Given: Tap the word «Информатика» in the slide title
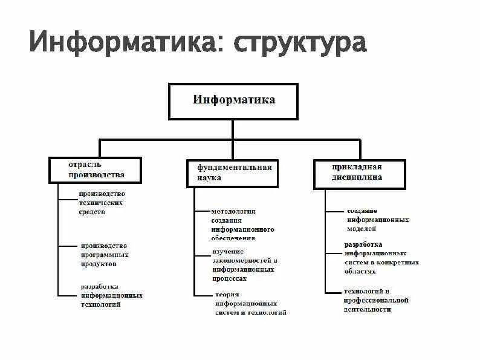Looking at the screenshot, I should pyautogui.click(x=125, y=43).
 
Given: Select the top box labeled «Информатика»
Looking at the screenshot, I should pyautogui.click(x=233, y=101).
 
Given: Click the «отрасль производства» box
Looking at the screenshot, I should pyautogui.click(x=96, y=170).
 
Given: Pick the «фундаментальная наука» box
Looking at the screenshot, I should pyautogui.click(x=233, y=172).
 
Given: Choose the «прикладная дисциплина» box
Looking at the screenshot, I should pyautogui.click(x=359, y=172).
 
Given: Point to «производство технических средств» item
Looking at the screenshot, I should pyautogui.click(x=102, y=203).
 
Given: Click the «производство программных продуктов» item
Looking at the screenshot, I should pyautogui.click(x=104, y=255).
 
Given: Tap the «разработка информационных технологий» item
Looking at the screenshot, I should pyautogui.click(x=111, y=295).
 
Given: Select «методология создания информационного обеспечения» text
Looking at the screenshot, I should pyautogui.click(x=242, y=224).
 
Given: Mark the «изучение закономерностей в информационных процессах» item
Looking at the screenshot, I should pyautogui.click(x=244, y=265).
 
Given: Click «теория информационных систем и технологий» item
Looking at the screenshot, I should pyautogui.click(x=249, y=304).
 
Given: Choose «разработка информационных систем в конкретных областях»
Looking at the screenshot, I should pyautogui.click(x=381, y=254).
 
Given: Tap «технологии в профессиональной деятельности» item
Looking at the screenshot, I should pyautogui.click(x=376, y=300).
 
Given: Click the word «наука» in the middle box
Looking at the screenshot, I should pyautogui.click(x=209, y=178).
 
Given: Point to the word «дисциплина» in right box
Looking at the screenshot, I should pyautogui.click(x=357, y=178).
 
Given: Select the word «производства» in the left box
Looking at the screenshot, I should pyautogui.click(x=96, y=175).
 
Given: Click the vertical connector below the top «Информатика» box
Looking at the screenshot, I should pyautogui.click(x=233, y=129).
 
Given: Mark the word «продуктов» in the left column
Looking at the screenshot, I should pyautogui.click(x=97, y=264).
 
